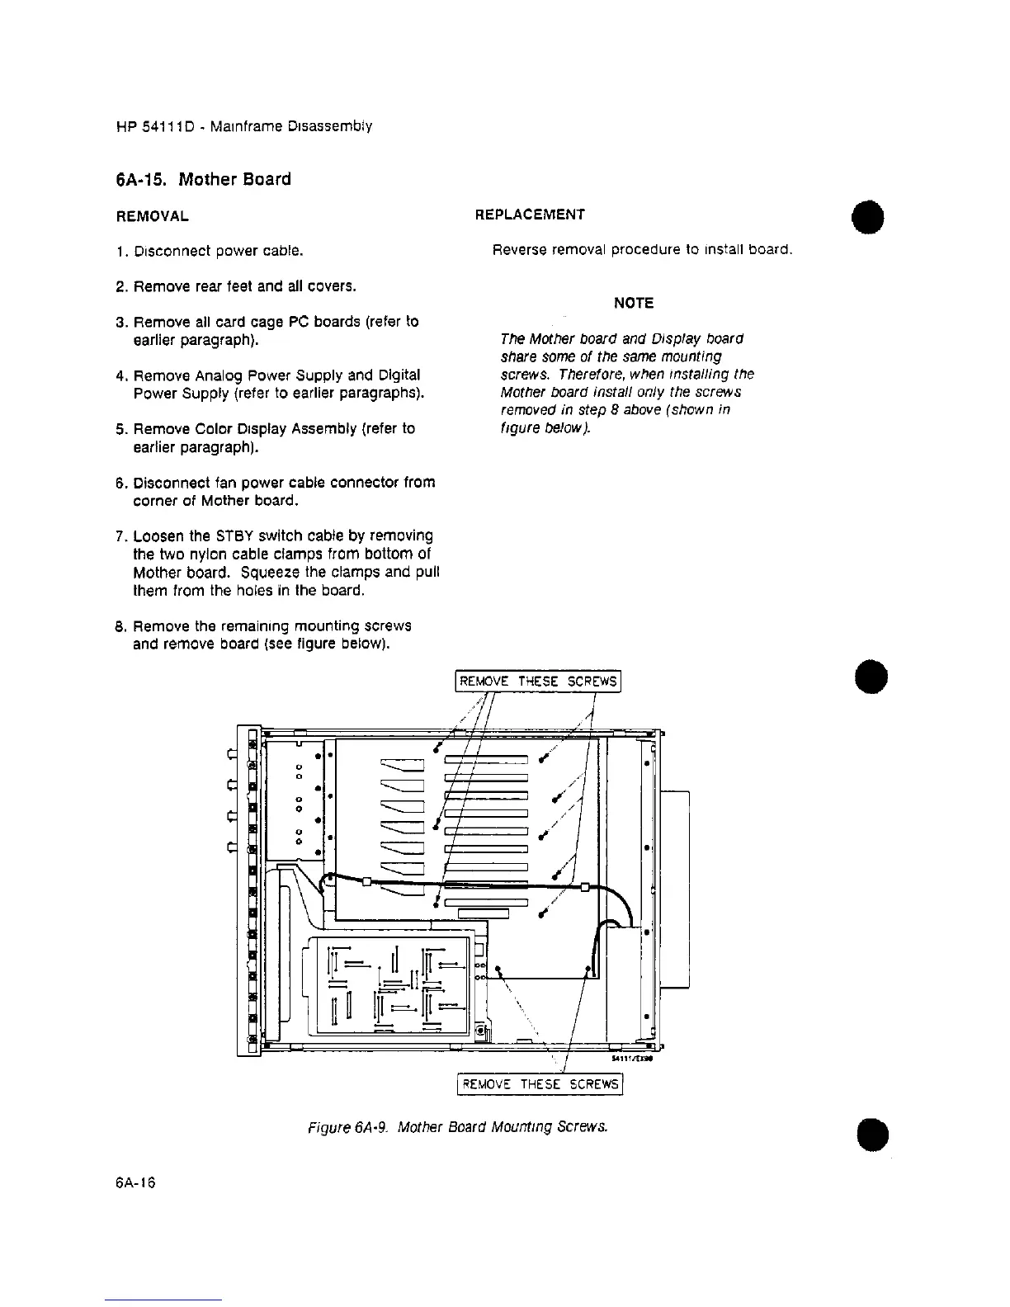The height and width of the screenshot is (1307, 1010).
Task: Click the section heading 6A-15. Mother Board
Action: (x=203, y=180)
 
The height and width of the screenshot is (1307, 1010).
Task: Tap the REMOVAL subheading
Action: (x=153, y=217)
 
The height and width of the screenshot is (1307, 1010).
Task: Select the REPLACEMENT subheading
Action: (x=531, y=215)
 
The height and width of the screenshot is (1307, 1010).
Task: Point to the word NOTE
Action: (x=634, y=304)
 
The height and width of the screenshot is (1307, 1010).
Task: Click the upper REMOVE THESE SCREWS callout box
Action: (x=538, y=682)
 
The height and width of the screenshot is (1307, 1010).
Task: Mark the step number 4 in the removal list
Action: (x=120, y=376)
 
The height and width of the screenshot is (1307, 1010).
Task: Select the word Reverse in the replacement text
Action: (x=518, y=250)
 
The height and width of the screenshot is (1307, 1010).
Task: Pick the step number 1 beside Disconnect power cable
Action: (x=120, y=251)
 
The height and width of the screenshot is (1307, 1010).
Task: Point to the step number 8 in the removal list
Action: (x=120, y=626)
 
